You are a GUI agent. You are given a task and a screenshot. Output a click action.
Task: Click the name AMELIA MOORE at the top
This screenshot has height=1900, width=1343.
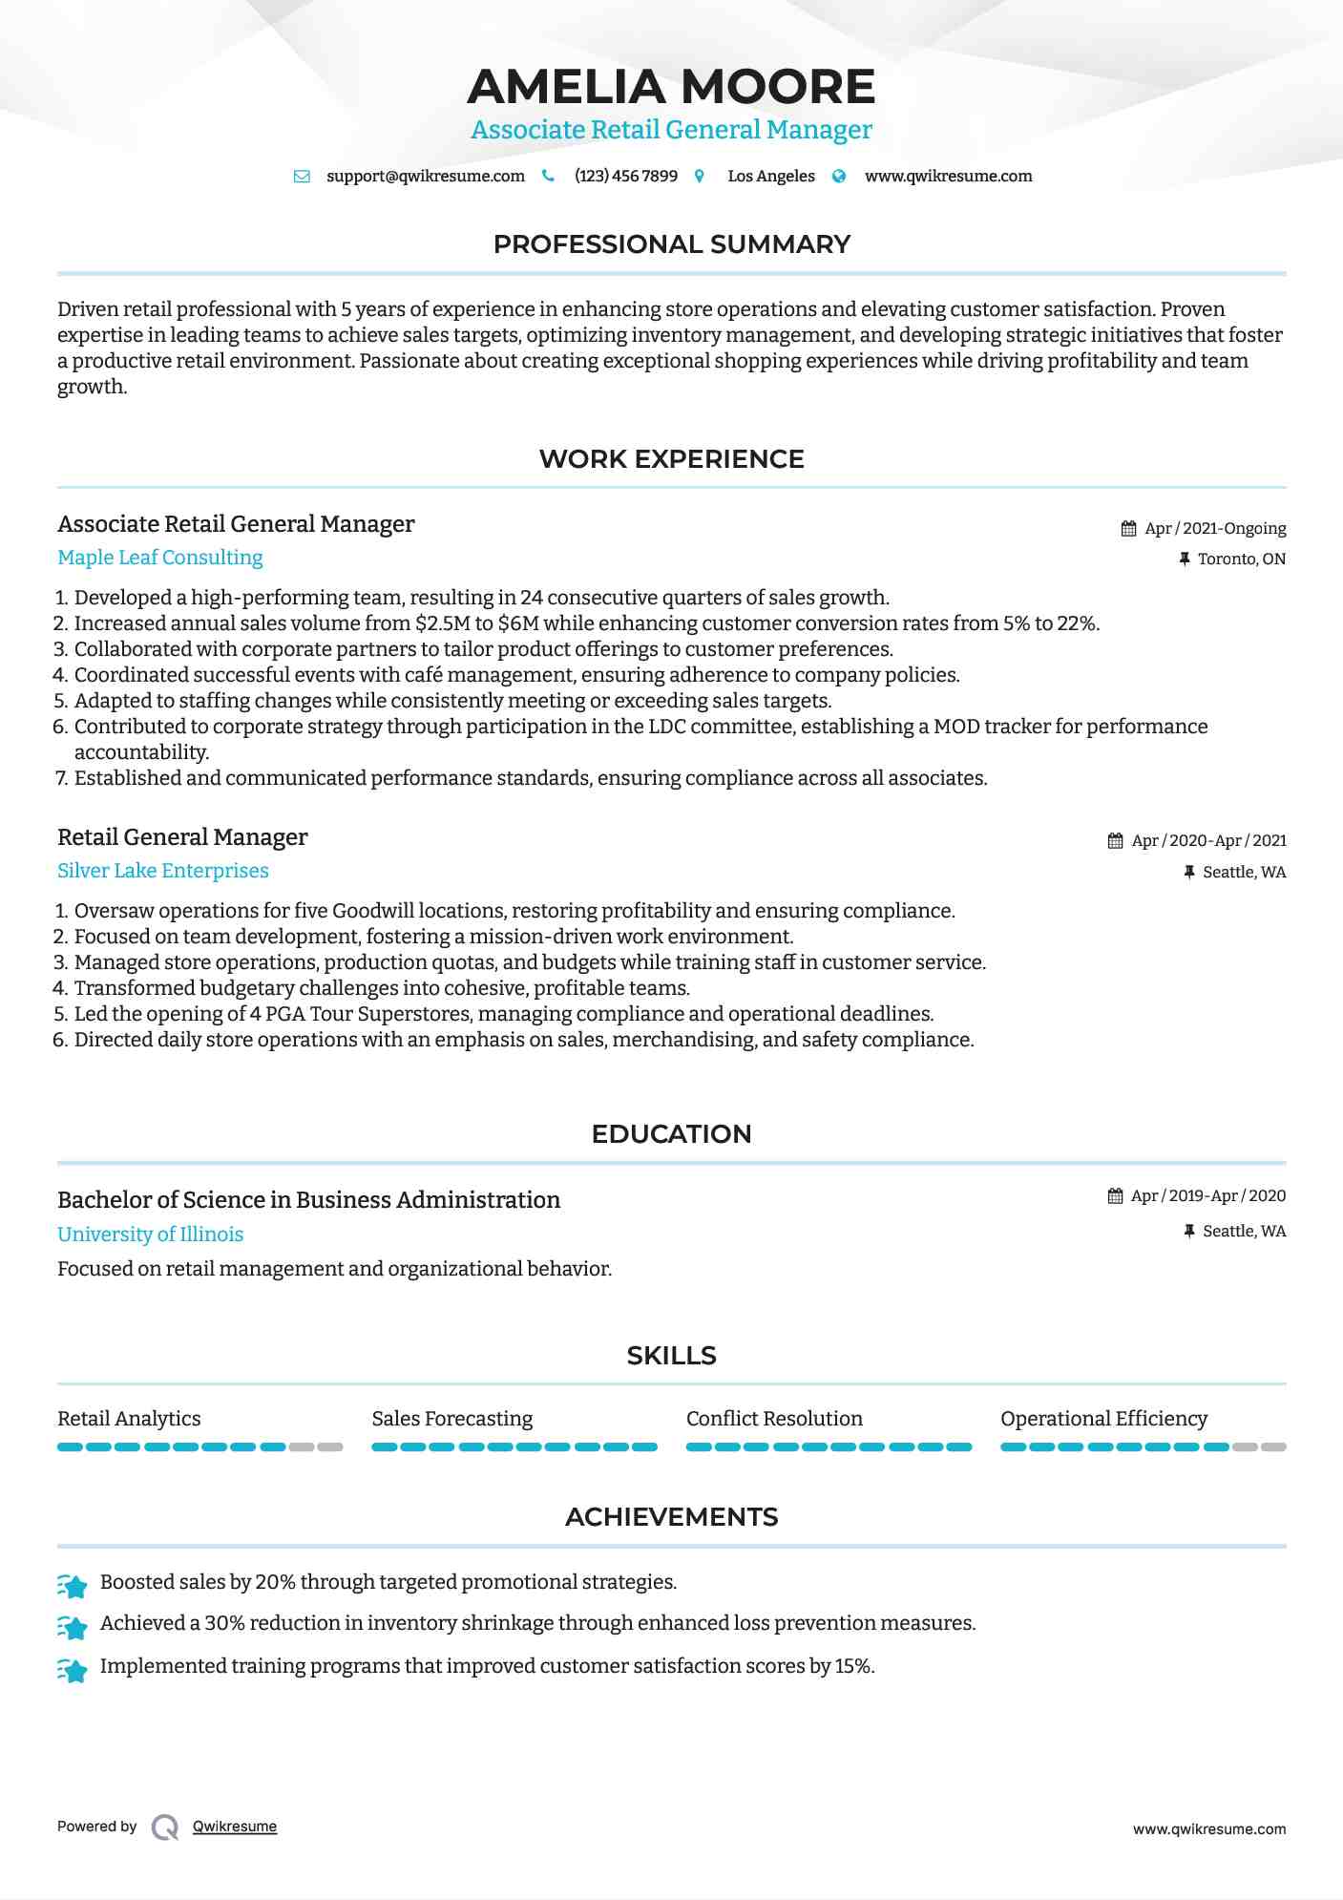click(x=671, y=87)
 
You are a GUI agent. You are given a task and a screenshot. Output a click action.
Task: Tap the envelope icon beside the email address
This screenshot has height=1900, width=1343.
click(x=302, y=177)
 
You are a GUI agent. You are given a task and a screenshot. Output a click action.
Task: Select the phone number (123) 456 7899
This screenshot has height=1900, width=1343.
click(x=625, y=177)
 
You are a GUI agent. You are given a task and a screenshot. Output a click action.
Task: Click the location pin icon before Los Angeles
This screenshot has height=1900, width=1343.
click(x=700, y=177)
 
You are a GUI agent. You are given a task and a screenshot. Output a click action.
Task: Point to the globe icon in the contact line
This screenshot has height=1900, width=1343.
click(x=839, y=177)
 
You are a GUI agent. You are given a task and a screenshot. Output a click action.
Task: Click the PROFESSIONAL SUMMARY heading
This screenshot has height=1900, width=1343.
click(x=671, y=244)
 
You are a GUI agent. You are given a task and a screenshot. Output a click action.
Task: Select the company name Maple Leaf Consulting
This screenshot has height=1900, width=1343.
click(x=160, y=558)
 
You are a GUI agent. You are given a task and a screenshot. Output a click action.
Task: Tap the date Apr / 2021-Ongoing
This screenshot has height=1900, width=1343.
click(x=1215, y=529)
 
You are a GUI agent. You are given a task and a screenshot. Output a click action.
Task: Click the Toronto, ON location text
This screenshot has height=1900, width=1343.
click(x=1241, y=559)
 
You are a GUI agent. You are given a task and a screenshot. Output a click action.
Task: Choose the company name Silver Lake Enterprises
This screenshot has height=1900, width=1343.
click(x=163, y=871)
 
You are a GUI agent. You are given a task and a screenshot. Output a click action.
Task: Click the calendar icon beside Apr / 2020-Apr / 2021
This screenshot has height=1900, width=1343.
click(x=1115, y=841)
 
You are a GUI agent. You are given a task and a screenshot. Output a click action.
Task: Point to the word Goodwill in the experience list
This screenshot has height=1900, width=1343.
click(x=374, y=911)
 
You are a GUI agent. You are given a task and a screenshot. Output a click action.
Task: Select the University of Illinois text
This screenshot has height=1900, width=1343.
click(x=151, y=1235)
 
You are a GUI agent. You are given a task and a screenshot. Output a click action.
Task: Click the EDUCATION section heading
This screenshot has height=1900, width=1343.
click(x=671, y=1134)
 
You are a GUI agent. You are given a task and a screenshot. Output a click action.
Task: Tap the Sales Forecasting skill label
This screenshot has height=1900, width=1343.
click(x=452, y=1419)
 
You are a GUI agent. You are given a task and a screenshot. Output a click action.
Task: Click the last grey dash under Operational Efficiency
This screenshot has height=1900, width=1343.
click(x=1273, y=1447)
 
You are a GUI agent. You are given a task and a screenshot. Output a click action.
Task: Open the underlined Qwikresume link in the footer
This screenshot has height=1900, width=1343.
click(x=235, y=1826)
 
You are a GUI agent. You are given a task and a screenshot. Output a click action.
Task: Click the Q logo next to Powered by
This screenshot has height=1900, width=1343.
click(x=165, y=1827)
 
